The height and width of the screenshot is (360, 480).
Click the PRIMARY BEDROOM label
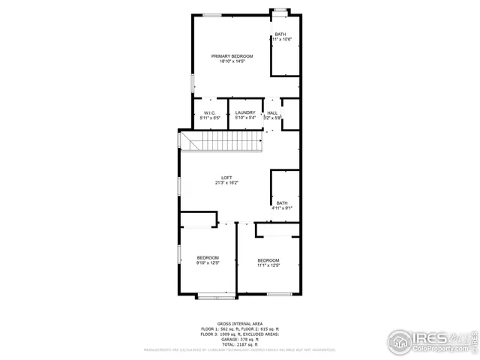coord(232,56)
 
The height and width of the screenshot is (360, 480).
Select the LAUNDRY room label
coord(245,112)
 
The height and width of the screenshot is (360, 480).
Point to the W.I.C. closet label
coord(210,112)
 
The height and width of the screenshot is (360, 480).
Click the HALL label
coord(272,112)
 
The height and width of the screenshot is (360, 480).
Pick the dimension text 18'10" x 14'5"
coord(232,61)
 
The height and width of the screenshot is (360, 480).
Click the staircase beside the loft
coord(224,142)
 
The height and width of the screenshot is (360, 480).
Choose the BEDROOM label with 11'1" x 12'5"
coord(268,260)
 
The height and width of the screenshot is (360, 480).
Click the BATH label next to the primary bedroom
coord(280,34)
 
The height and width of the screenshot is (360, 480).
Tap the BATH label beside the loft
coord(282,202)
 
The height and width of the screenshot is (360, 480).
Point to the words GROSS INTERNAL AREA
coord(239,323)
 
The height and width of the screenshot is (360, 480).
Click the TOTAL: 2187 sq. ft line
coord(239,343)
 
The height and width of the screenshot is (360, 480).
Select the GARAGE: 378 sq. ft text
coord(239,338)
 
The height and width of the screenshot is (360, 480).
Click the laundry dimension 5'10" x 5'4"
coord(245,118)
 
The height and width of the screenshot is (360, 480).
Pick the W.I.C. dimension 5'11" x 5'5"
coord(210,118)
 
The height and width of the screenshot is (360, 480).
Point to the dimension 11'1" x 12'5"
coord(268,265)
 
